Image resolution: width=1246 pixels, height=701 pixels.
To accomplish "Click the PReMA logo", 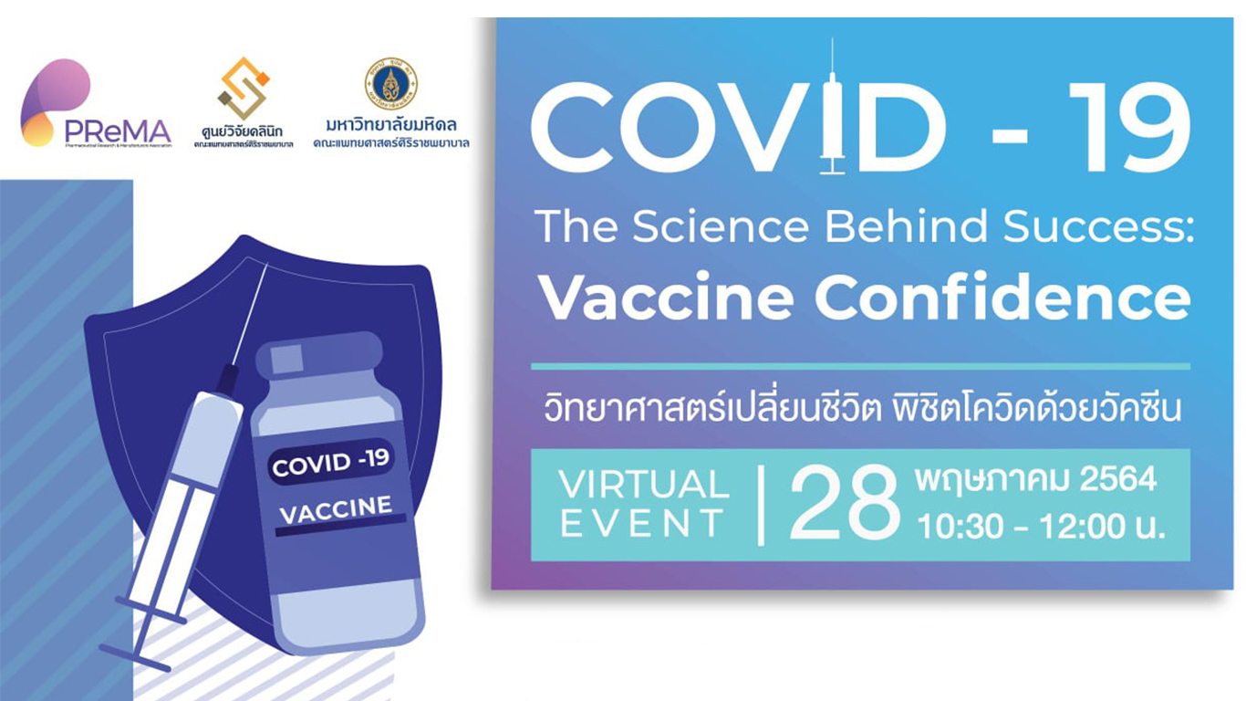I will click(91, 105).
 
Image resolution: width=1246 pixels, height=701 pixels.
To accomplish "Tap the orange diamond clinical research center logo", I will click(244, 89).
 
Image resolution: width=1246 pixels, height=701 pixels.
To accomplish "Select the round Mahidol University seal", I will click(390, 84).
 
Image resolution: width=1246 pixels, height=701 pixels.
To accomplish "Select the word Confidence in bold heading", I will click(1002, 297).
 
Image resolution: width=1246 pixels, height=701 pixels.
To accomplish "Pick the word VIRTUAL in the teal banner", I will click(644, 485).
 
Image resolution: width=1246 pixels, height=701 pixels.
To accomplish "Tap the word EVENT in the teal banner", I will click(642, 525).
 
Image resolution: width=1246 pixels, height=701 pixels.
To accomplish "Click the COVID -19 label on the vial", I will click(331, 462).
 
